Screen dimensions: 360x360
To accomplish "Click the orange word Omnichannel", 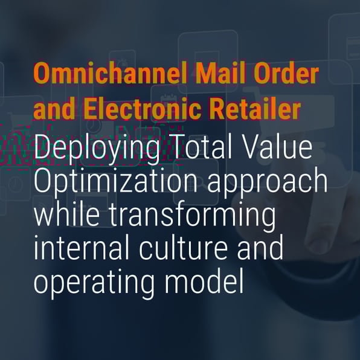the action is (x=110, y=73).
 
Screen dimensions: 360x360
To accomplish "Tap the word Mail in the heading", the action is (x=221, y=73).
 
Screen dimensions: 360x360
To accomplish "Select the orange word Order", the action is (x=286, y=73).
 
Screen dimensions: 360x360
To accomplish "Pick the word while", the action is (x=67, y=214).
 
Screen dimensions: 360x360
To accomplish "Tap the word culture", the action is (x=183, y=248).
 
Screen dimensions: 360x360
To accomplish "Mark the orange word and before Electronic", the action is (x=54, y=109).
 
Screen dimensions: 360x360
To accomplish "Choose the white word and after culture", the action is (x=260, y=248).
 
